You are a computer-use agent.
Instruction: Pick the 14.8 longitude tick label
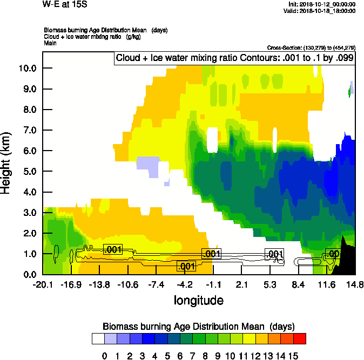pos(355,284)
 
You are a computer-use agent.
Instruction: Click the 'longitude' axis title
pos(198,300)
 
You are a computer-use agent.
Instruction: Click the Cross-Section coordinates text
pos(311,48)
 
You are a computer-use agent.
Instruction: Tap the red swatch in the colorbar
pos(300,339)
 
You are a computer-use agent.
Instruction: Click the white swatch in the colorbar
pos(98,339)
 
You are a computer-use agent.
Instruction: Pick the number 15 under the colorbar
pos(293,356)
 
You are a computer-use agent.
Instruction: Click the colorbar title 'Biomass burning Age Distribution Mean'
pos(198,327)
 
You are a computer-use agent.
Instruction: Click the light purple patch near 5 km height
pos(149,165)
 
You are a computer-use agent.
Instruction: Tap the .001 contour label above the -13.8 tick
pos(113,249)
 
